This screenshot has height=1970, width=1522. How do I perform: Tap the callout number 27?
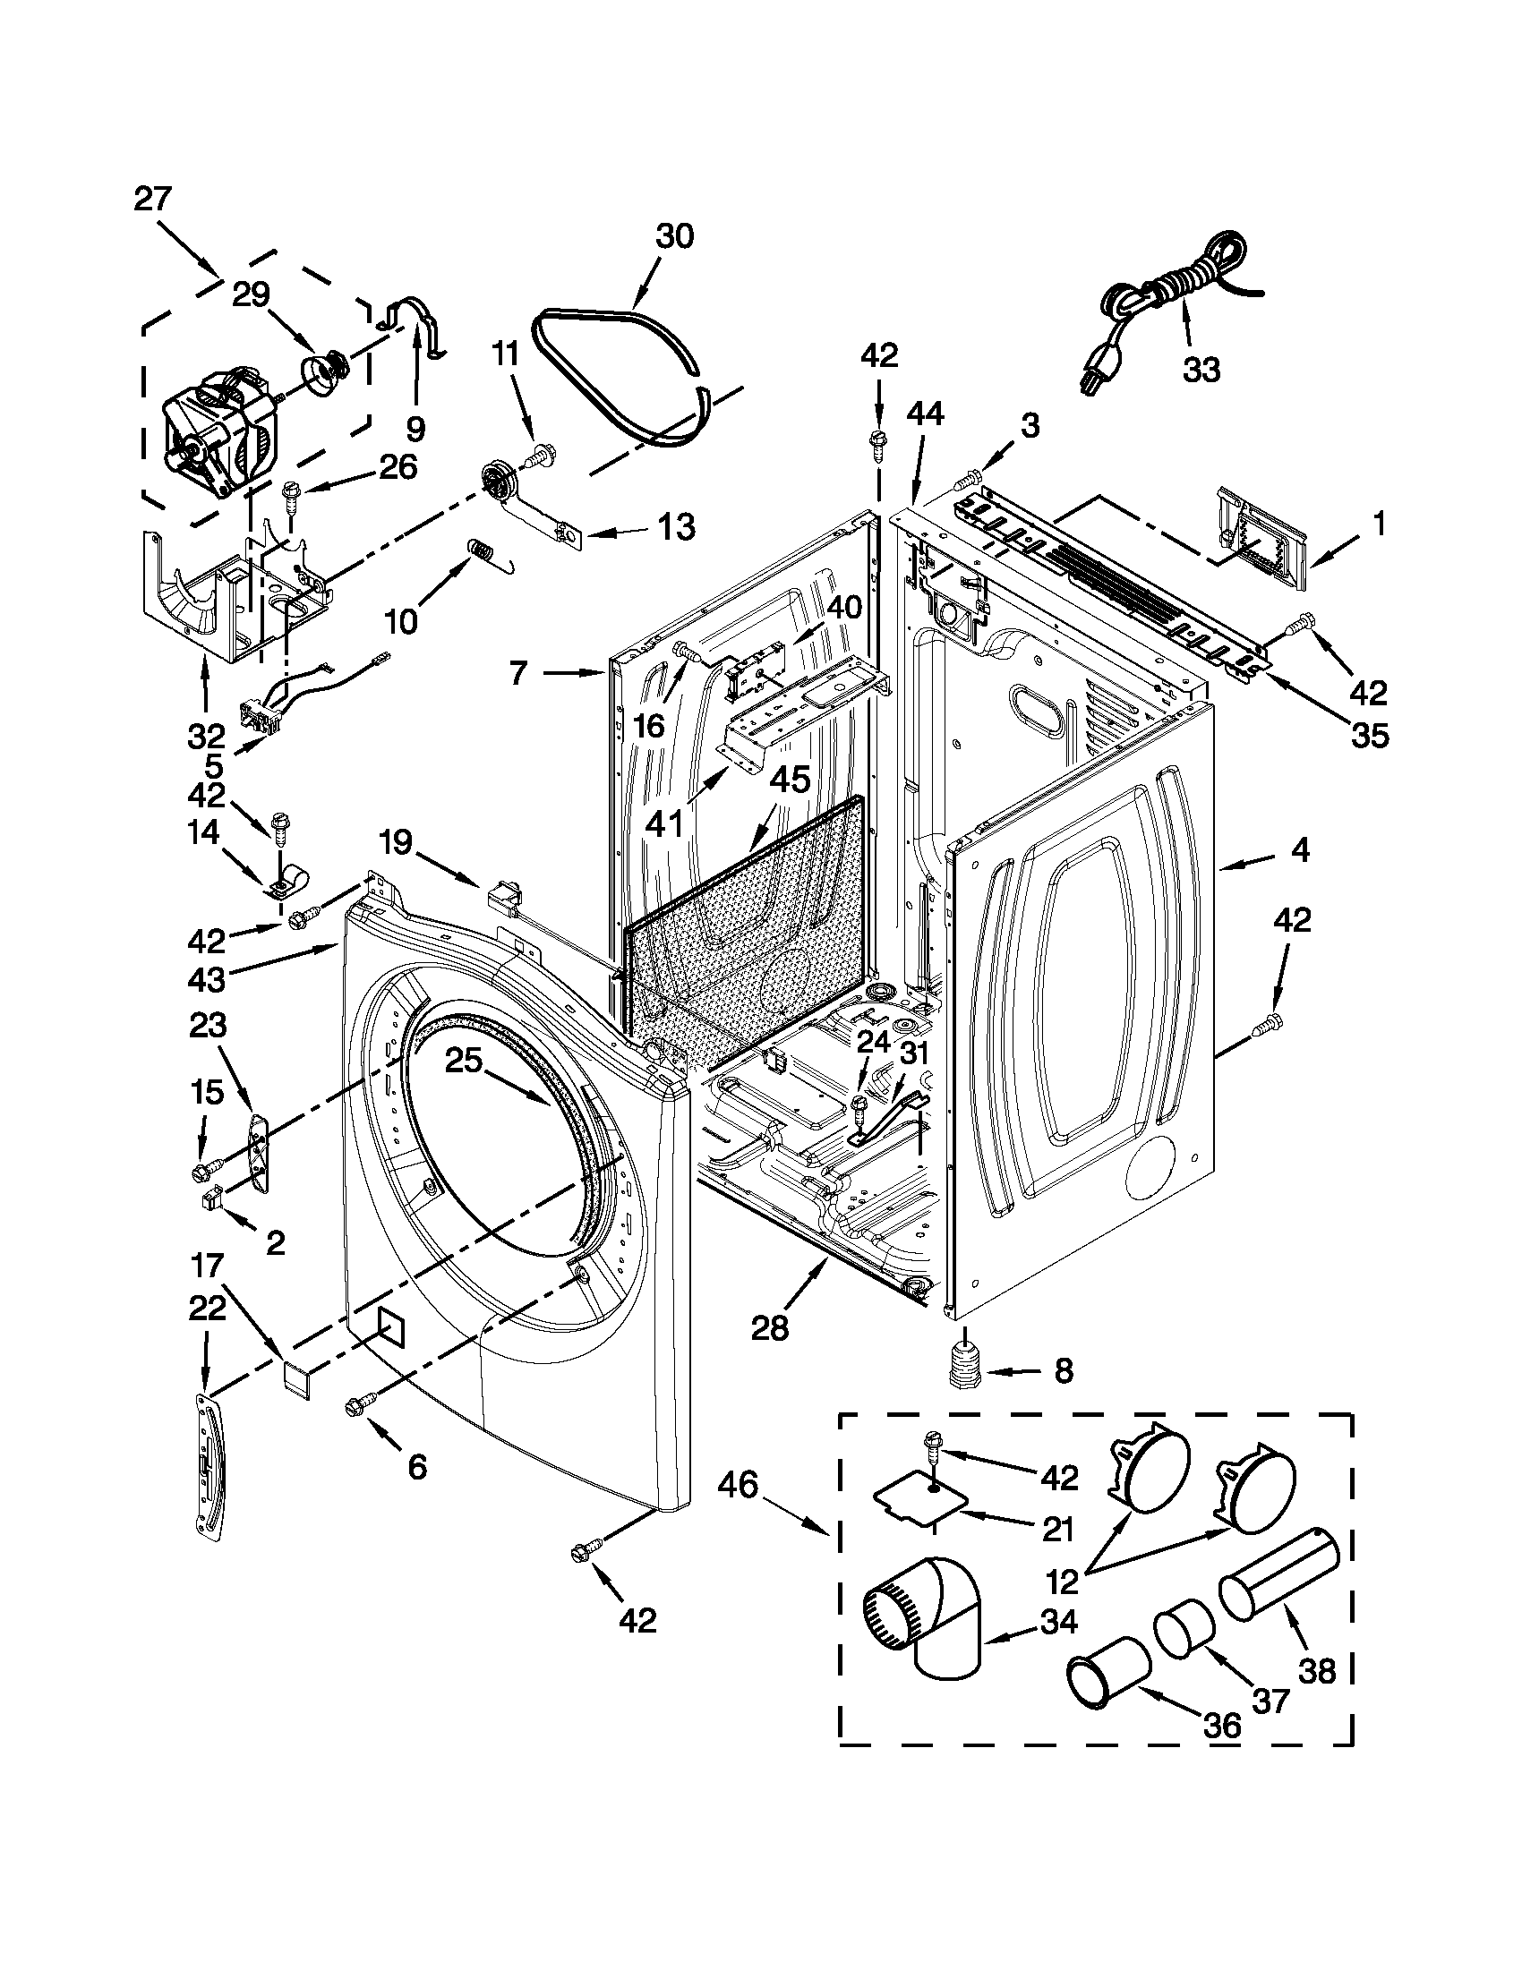(x=152, y=199)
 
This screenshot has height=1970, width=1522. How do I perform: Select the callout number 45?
(x=789, y=779)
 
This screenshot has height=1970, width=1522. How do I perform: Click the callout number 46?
(x=738, y=1485)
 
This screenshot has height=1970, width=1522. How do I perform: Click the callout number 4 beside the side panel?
(x=1298, y=849)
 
